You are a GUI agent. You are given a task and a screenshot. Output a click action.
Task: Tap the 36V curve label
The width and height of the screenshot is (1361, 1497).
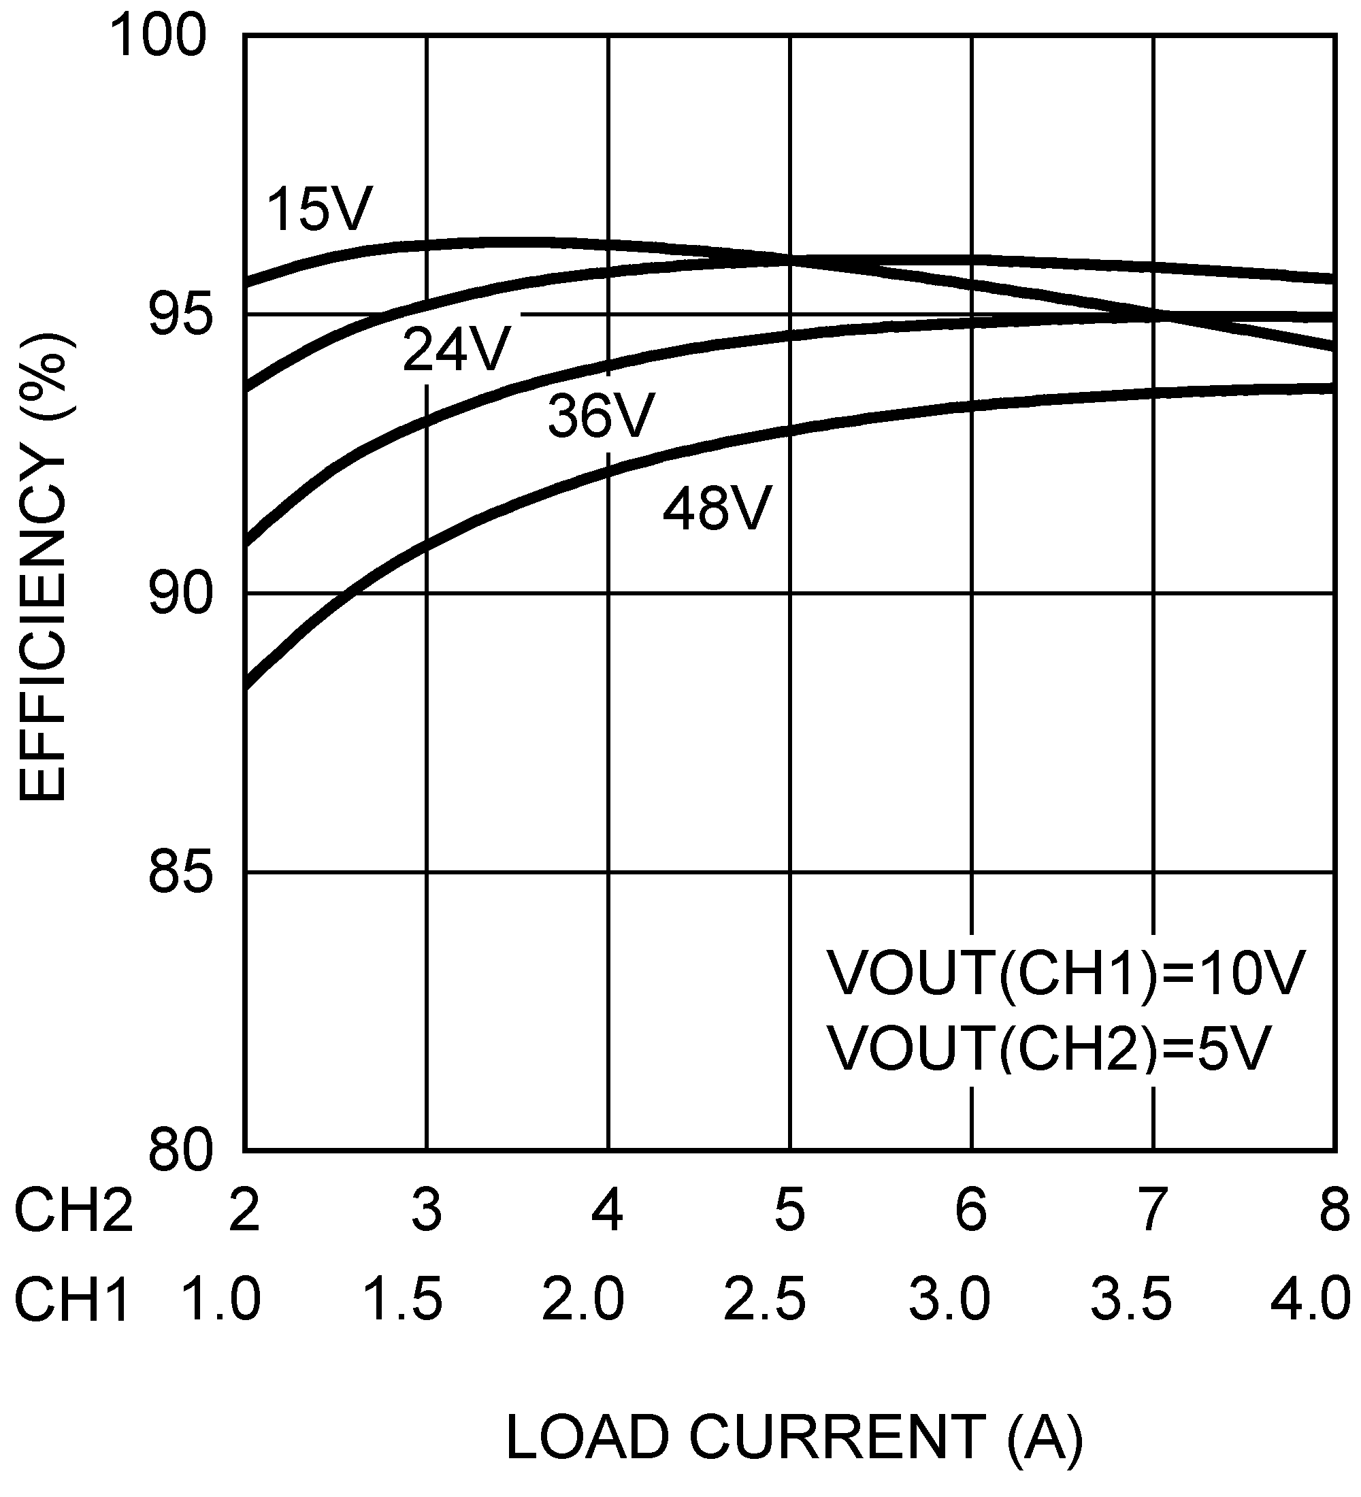601,416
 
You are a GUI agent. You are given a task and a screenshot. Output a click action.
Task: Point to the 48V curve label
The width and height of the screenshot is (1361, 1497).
717,509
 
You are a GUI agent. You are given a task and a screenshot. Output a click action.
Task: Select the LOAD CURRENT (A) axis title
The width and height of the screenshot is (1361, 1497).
793,1437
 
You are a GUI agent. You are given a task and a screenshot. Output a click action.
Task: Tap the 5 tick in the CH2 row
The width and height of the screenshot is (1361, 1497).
789,1210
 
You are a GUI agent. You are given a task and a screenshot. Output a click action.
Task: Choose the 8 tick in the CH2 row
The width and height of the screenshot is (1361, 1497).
1334,1210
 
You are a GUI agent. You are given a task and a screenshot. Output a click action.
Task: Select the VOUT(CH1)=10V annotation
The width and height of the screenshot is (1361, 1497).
1066,974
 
